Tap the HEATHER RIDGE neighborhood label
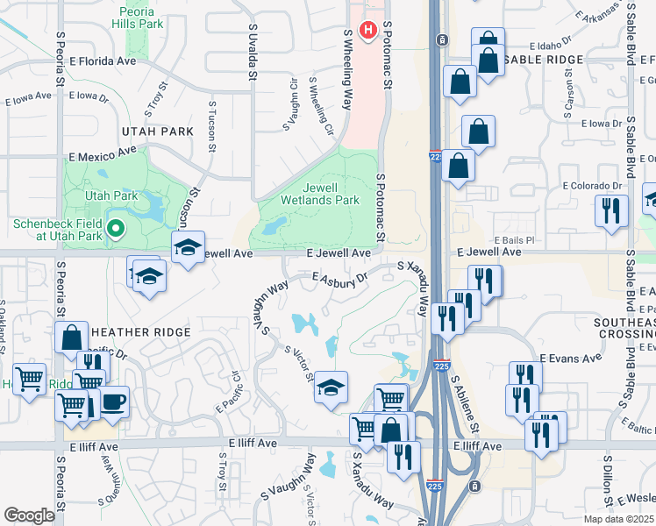(x=140, y=332)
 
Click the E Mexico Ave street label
(x=104, y=154)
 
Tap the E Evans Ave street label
(x=571, y=358)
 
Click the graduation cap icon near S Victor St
(x=331, y=387)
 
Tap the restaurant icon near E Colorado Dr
(x=610, y=211)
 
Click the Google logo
(x=29, y=515)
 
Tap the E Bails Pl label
(x=514, y=239)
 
